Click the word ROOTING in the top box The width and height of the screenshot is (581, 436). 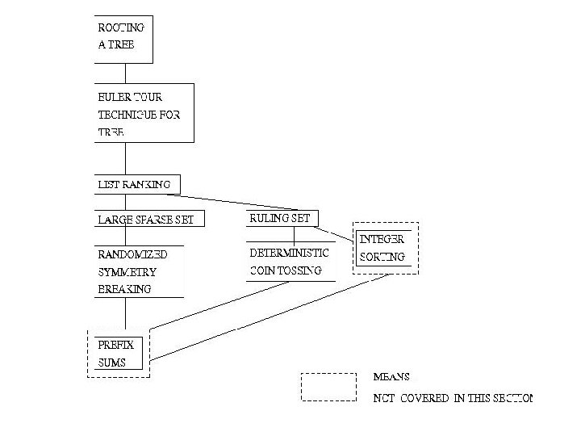point(121,27)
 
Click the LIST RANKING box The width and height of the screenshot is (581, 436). point(134,184)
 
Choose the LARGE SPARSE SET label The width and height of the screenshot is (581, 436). point(146,219)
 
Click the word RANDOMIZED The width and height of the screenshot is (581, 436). point(132,254)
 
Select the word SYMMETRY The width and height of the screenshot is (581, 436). point(127,272)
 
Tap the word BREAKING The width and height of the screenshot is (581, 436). point(125,289)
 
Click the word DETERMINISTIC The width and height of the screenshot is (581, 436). point(289,253)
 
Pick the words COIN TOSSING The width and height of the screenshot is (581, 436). point(285,270)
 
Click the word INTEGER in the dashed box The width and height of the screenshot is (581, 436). point(382,240)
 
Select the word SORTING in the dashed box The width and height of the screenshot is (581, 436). point(382,258)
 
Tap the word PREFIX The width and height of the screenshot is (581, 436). point(116,345)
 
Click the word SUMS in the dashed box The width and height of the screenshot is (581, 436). point(112,363)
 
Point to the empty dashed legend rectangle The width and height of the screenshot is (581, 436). point(328,387)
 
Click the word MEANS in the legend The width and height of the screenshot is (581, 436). point(391,377)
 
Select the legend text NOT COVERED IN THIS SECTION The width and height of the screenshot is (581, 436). point(453,398)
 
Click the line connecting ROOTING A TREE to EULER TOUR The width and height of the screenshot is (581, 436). point(124,73)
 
